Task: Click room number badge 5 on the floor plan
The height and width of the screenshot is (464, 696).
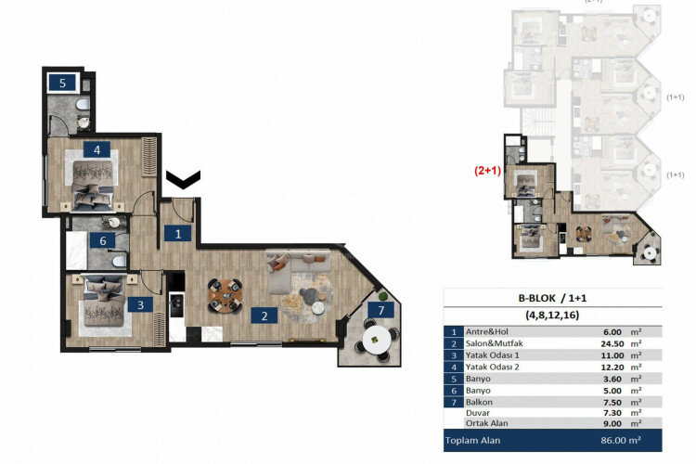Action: [62, 83]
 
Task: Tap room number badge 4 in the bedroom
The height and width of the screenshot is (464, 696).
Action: [96, 148]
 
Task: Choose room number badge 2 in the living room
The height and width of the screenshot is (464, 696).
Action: [264, 316]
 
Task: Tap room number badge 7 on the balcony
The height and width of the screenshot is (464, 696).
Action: [378, 309]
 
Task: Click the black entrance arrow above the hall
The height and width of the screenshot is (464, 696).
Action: [182, 177]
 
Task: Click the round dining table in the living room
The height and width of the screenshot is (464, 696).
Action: [223, 294]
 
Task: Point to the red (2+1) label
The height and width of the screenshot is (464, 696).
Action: [488, 171]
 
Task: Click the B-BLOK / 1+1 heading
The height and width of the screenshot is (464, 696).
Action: [554, 298]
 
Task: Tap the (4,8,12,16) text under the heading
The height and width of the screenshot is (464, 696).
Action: [554, 315]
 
